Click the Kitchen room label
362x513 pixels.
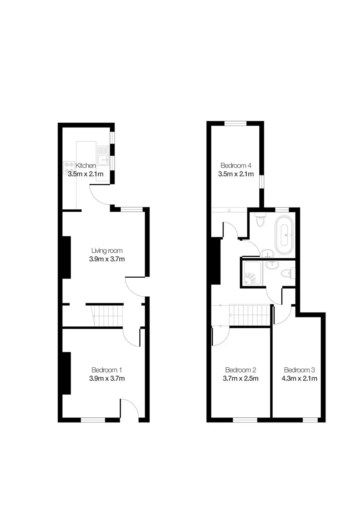pos(85,165)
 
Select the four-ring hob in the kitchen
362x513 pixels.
pos(69,168)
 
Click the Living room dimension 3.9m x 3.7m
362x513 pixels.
pos(107,259)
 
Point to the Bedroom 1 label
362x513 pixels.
pos(107,370)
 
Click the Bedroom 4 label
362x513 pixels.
pos(236,165)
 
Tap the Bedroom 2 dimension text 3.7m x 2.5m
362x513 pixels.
pos(241,378)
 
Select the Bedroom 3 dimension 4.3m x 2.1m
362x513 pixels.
pos(299,378)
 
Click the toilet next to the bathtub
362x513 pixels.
pos(260,220)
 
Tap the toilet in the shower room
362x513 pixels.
pos(288,273)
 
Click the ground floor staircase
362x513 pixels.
pos(107,316)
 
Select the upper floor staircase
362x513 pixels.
pos(250,315)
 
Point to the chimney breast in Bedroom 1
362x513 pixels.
pos(66,373)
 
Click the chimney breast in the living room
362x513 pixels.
pos(66,257)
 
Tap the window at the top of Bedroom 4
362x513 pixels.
pos(236,123)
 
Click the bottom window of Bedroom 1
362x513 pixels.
pos(93,420)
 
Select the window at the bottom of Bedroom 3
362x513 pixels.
pos(310,420)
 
